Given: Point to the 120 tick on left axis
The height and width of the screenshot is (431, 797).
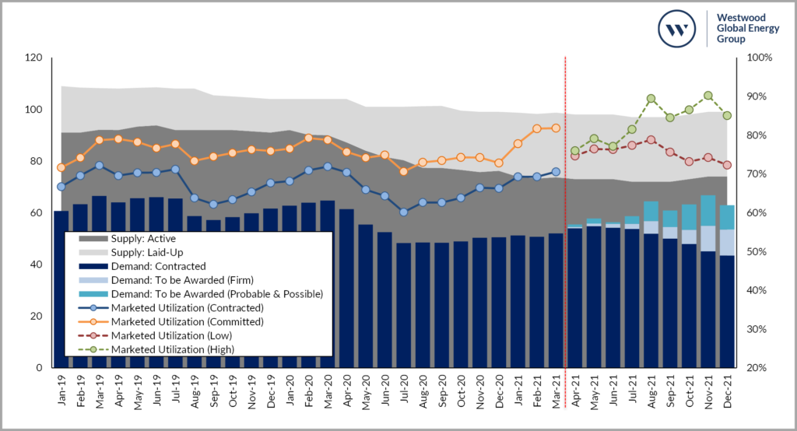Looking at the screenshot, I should (x=33, y=58).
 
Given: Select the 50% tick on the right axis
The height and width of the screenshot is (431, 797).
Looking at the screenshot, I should (x=758, y=252).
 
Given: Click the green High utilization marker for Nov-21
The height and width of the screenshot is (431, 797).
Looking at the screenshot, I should (x=707, y=96).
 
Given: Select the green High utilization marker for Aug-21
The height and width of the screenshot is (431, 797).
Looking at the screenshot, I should (x=651, y=99).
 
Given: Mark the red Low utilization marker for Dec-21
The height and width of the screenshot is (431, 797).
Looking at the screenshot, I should (x=726, y=165).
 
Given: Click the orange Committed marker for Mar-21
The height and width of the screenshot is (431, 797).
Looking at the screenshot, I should (x=555, y=128).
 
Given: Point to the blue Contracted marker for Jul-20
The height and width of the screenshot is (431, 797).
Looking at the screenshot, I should (x=403, y=212).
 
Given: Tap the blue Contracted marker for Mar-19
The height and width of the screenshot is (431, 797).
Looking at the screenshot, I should (x=99, y=166).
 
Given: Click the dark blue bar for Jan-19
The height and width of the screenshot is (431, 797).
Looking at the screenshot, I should (x=61, y=288).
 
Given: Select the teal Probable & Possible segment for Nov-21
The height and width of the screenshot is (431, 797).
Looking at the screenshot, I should (x=707, y=211).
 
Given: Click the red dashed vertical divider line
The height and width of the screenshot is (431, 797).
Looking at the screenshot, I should (x=564, y=233).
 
